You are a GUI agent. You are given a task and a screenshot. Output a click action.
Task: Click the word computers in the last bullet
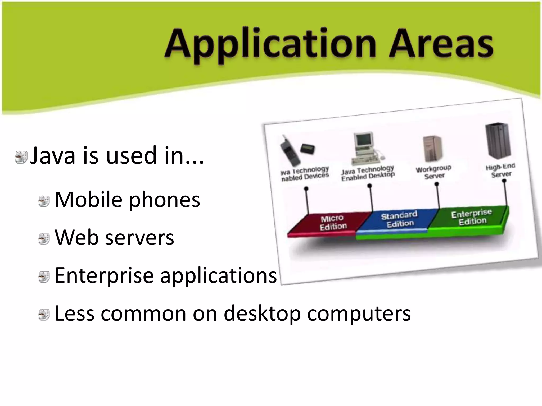click(x=359, y=314)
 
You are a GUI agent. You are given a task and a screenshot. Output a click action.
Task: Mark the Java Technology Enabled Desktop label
click(x=368, y=173)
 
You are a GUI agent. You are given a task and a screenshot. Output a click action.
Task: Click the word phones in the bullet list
click(x=164, y=200)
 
